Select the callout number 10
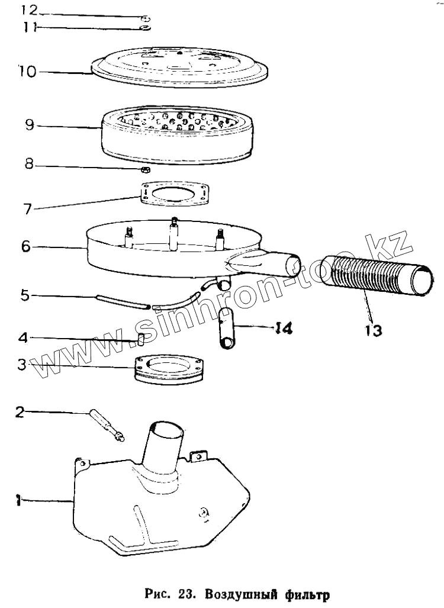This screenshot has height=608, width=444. pos(27,71)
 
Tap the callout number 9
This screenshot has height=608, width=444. pos(29,125)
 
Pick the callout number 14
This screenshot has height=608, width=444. pos(284,327)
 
